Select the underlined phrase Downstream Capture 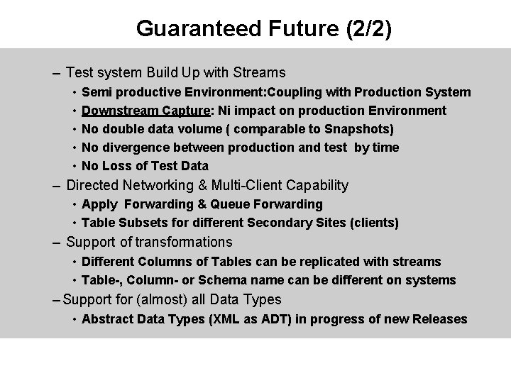point(146,111)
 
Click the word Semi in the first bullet point(96,92)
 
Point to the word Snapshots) point(359,129)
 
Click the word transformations point(184,243)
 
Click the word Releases point(439,319)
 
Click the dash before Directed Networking point(56,186)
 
